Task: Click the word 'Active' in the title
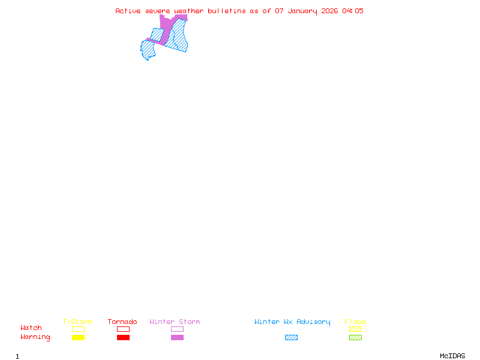[128, 11]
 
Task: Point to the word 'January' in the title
[303, 11]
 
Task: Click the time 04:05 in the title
[353, 11]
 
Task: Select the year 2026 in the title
[329, 11]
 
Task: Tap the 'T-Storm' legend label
[77, 322]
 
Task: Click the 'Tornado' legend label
[122, 322]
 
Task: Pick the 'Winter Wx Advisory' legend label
[292, 322]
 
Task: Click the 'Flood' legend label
[355, 322]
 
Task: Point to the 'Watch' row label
[31, 328]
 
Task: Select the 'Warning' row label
[35, 337]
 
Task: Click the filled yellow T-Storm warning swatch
[78, 338]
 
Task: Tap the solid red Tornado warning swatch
[123, 338]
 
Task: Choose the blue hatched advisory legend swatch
[291, 338]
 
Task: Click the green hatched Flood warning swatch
[355, 338]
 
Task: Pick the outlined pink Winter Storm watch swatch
[177, 329]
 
